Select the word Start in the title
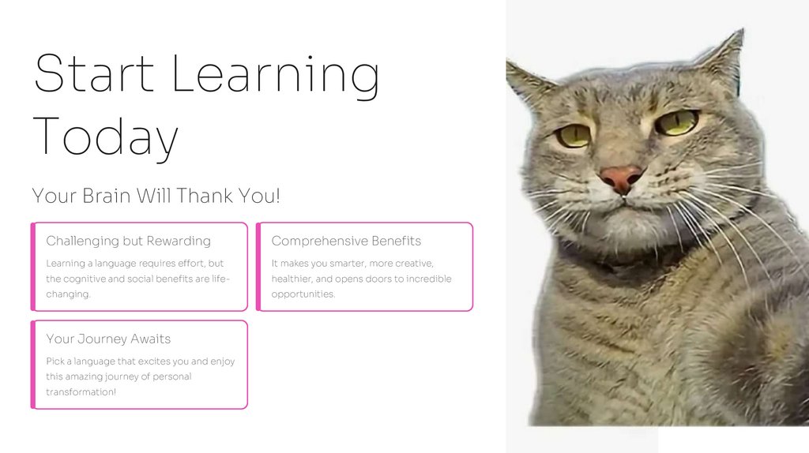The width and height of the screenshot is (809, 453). [94, 74]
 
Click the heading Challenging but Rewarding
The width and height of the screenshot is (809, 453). [128, 241]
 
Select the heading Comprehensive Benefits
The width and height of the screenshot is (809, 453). [346, 241]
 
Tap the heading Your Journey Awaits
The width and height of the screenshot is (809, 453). [108, 339]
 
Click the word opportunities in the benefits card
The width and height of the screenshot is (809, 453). [303, 294]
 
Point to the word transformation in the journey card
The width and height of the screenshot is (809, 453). [81, 392]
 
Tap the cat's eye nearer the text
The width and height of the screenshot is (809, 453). [573, 135]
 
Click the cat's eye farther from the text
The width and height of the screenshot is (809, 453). [677, 122]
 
